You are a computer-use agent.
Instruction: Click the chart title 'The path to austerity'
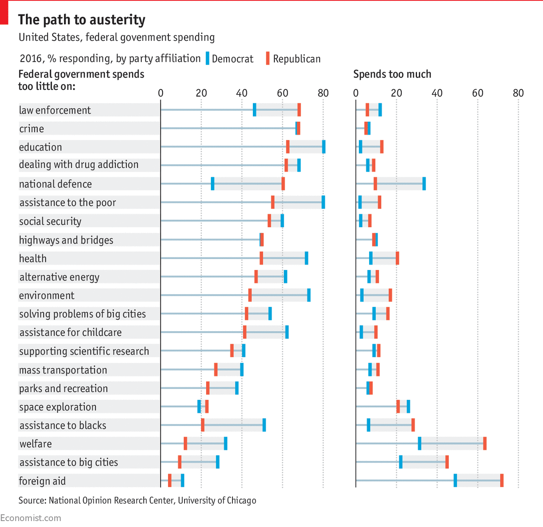point(81,20)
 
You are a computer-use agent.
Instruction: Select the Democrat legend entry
point(230,59)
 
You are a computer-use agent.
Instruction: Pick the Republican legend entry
point(293,59)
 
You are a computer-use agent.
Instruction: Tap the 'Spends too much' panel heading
point(392,74)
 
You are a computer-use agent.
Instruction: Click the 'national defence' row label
point(55,184)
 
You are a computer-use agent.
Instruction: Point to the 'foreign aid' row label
point(42,481)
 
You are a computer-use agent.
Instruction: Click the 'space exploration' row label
point(58,407)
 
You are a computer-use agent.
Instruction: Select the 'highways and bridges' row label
point(66,240)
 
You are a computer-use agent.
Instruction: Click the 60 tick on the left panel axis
point(283,93)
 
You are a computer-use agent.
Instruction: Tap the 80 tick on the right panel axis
point(518,93)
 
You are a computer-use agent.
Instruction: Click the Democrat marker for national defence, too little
point(213,184)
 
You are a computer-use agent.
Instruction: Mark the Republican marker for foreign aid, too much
point(502,480)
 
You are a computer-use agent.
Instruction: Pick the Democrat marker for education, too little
point(324,147)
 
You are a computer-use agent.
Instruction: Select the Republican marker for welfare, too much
point(485,443)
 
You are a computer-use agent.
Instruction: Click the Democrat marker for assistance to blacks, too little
point(264,425)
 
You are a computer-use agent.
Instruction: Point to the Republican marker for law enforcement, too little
point(299,110)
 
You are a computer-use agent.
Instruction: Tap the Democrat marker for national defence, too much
point(424,184)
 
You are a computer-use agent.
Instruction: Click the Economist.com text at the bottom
point(31,518)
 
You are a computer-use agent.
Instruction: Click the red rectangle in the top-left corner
point(4,13)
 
